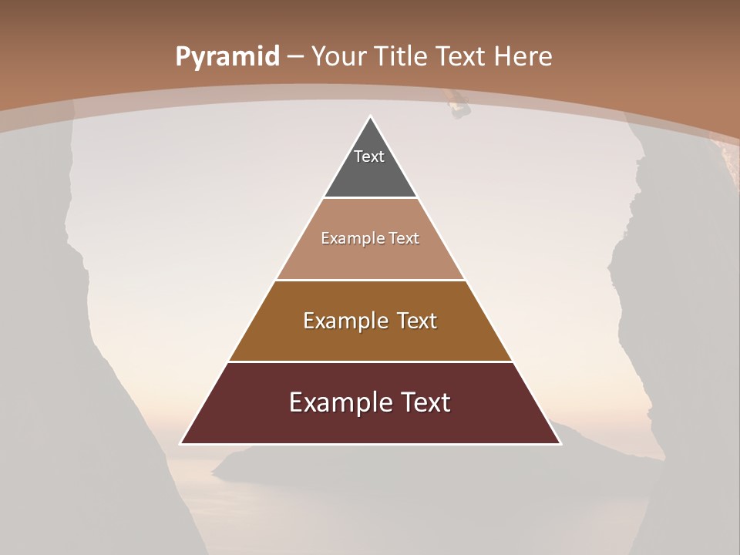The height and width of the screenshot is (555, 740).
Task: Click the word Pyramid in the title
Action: click(x=227, y=57)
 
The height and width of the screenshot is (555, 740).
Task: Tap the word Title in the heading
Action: click(x=403, y=56)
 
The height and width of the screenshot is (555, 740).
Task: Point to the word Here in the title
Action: click(x=523, y=56)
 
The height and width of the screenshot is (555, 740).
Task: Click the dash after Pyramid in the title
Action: click(x=295, y=57)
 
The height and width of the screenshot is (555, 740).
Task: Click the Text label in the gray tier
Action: click(x=369, y=156)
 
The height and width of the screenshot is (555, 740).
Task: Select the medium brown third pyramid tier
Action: click(x=370, y=339)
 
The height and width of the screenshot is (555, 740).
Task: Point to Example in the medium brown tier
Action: click(x=345, y=321)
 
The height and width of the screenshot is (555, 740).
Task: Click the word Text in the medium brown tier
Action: click(x=418, y=321)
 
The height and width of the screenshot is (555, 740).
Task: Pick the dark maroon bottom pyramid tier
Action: click(x=370, y=424)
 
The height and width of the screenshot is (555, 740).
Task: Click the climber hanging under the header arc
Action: click(x=459, y=105)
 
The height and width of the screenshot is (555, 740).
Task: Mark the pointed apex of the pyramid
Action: click(x=370, y=117)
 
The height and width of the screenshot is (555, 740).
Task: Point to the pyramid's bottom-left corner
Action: click(x=181, y=443)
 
